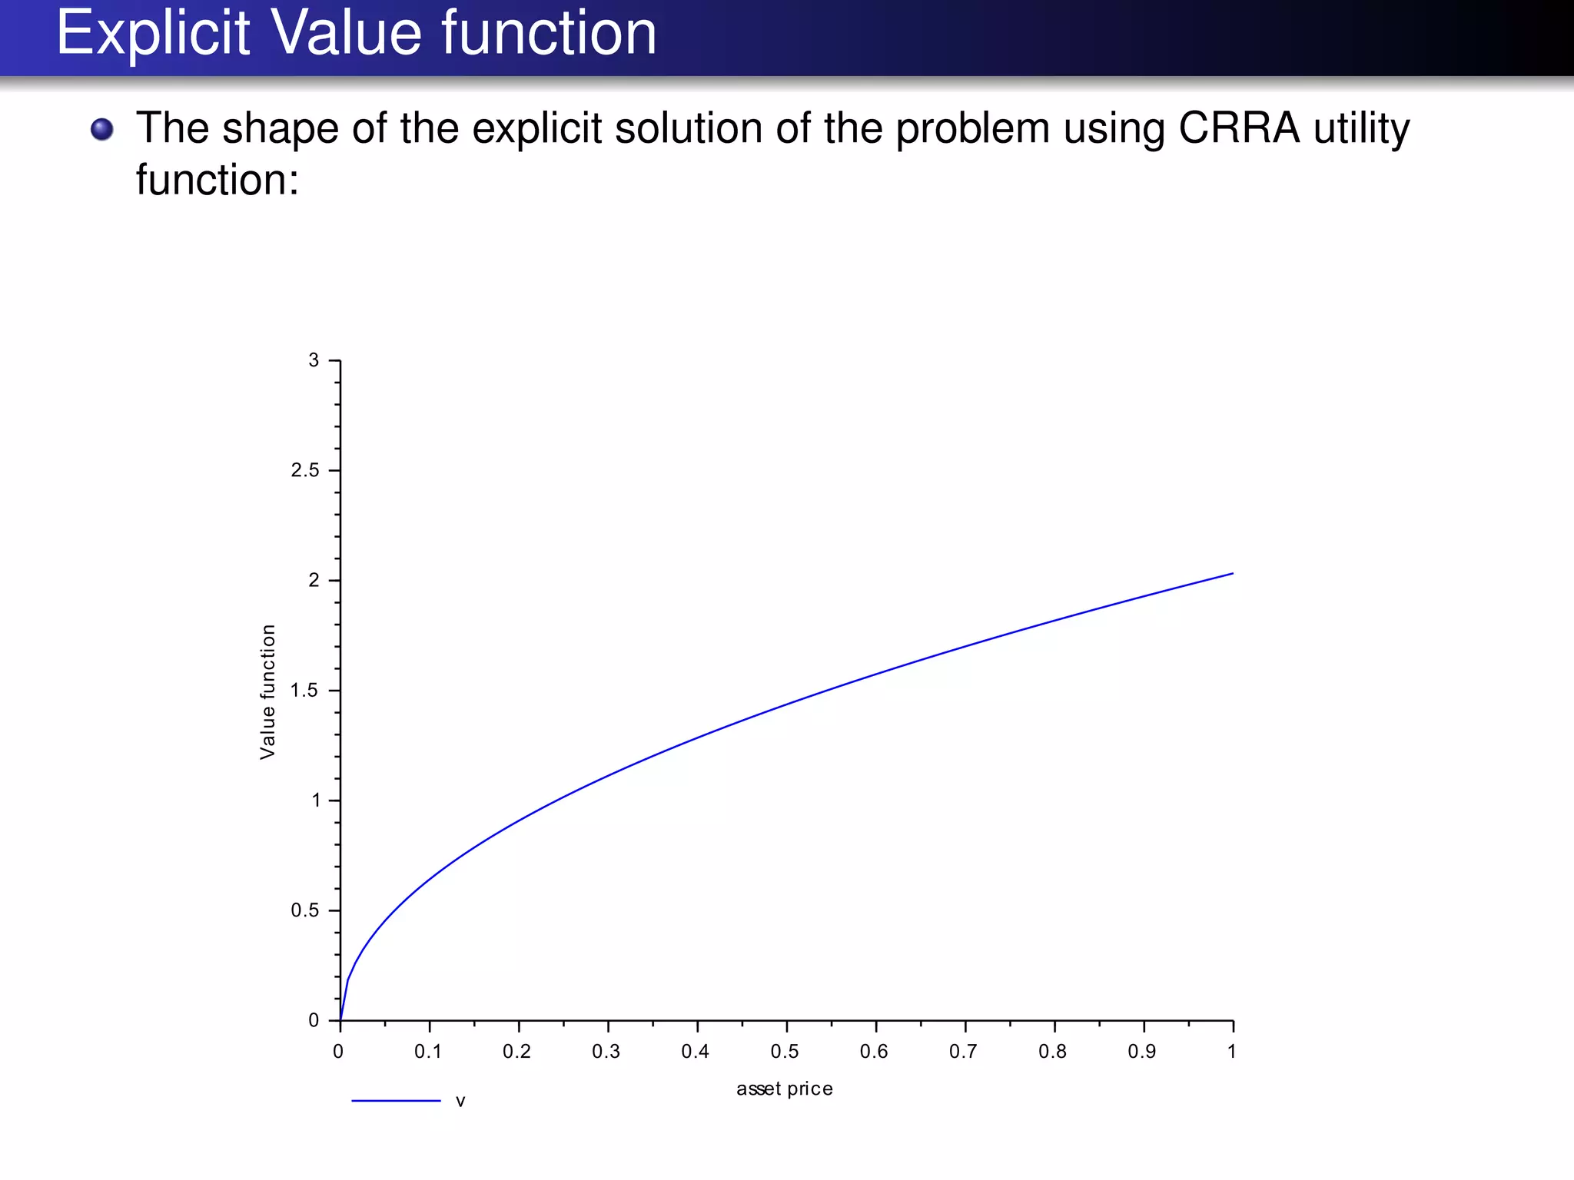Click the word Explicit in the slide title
tap(153, 34)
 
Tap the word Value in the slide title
tap(346, 34)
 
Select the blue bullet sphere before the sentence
tap(101, 129)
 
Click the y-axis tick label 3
tap(314, 360)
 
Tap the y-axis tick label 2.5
tap(305, 470)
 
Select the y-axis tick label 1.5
tap(305, 691)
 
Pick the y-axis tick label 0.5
tap(305, 910)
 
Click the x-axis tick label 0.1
tap(428, 1052)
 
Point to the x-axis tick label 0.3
tap(606, 1052)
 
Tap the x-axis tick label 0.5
tap(785, 1052)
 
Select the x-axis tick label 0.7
tap(963, 1052)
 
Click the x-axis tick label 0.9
tap(1142, 1052)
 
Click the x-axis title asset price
tap(785, 1089)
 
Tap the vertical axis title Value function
tap(267, 691)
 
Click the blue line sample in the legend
tap(396, 1101)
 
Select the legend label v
tap(460, 1102)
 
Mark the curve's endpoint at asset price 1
tap(1232, 574)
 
